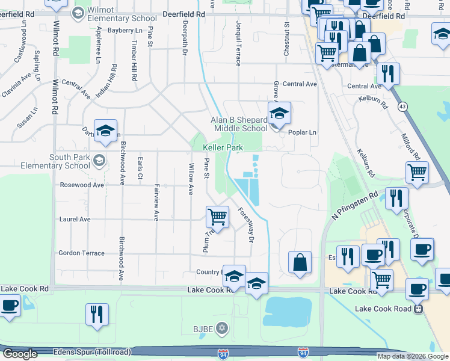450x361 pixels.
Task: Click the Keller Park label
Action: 223,147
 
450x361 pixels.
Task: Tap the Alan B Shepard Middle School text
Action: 239,124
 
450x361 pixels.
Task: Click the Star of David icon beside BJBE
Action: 222,328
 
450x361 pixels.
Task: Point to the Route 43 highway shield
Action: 401,106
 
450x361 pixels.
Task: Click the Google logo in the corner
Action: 20,354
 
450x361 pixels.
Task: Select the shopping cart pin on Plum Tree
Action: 217,216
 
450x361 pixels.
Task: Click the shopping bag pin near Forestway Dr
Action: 300,262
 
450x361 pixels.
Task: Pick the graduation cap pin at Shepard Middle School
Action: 279,113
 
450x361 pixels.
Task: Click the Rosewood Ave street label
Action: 81,185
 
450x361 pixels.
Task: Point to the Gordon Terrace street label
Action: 81,253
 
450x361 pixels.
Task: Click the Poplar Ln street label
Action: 302,132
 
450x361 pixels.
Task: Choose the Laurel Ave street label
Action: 75,220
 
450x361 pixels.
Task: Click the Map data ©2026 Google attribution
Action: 412,356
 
